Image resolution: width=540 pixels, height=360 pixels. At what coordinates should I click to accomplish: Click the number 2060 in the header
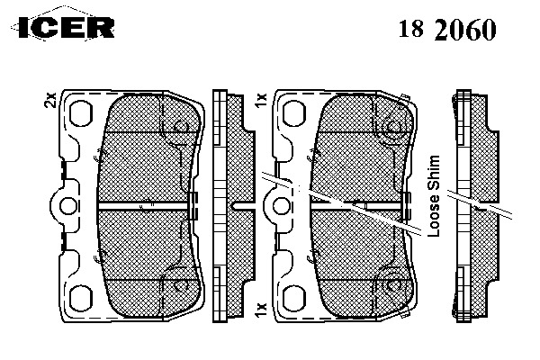(x=463, y=30)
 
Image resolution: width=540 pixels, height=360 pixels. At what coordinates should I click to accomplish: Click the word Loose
(x=435, y=221)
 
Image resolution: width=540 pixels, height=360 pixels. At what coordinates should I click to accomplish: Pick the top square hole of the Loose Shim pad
(x=293, y=114)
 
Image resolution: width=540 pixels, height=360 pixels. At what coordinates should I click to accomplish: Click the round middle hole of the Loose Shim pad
(x=277, y=206)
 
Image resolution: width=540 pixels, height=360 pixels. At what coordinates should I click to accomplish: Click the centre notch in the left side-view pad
(x=233, y=206)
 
